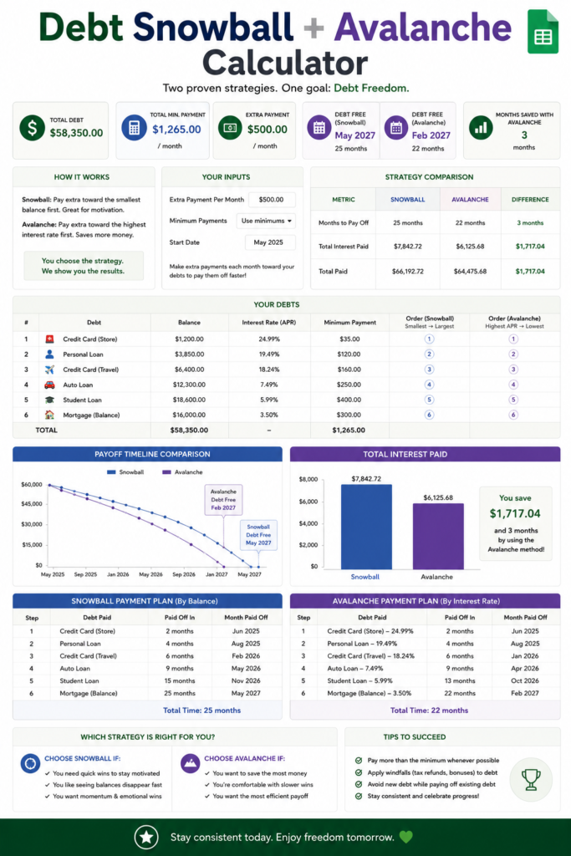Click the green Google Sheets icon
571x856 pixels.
[x=543, y=32]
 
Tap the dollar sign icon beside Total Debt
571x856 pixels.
[x=33, y=128]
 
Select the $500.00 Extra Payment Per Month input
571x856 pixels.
[x=272, y=200]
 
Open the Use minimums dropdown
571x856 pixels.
[x=266, y=221]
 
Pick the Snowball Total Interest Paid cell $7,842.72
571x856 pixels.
[x=408, y=247]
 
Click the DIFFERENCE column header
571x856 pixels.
[x=530, y=200]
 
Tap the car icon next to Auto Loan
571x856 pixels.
[x=49, y=385]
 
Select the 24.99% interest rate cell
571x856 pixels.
[x=269, y=339]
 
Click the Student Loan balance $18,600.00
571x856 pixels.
[x=190, y=400]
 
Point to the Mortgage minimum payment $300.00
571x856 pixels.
[x=349, y=415]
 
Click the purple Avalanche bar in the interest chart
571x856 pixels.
[x=438, y=537]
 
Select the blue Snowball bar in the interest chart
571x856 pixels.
[x=366, y=527]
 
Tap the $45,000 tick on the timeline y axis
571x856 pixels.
[x=32, y=504]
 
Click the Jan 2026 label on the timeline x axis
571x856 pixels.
[x=118, y=574]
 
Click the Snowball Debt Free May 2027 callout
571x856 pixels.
[x=258, y=535]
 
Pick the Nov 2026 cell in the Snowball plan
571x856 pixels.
[x=246, y=680]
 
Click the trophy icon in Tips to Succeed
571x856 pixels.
[x=531, y=780]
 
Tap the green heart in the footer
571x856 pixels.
[x=406, y=837]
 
